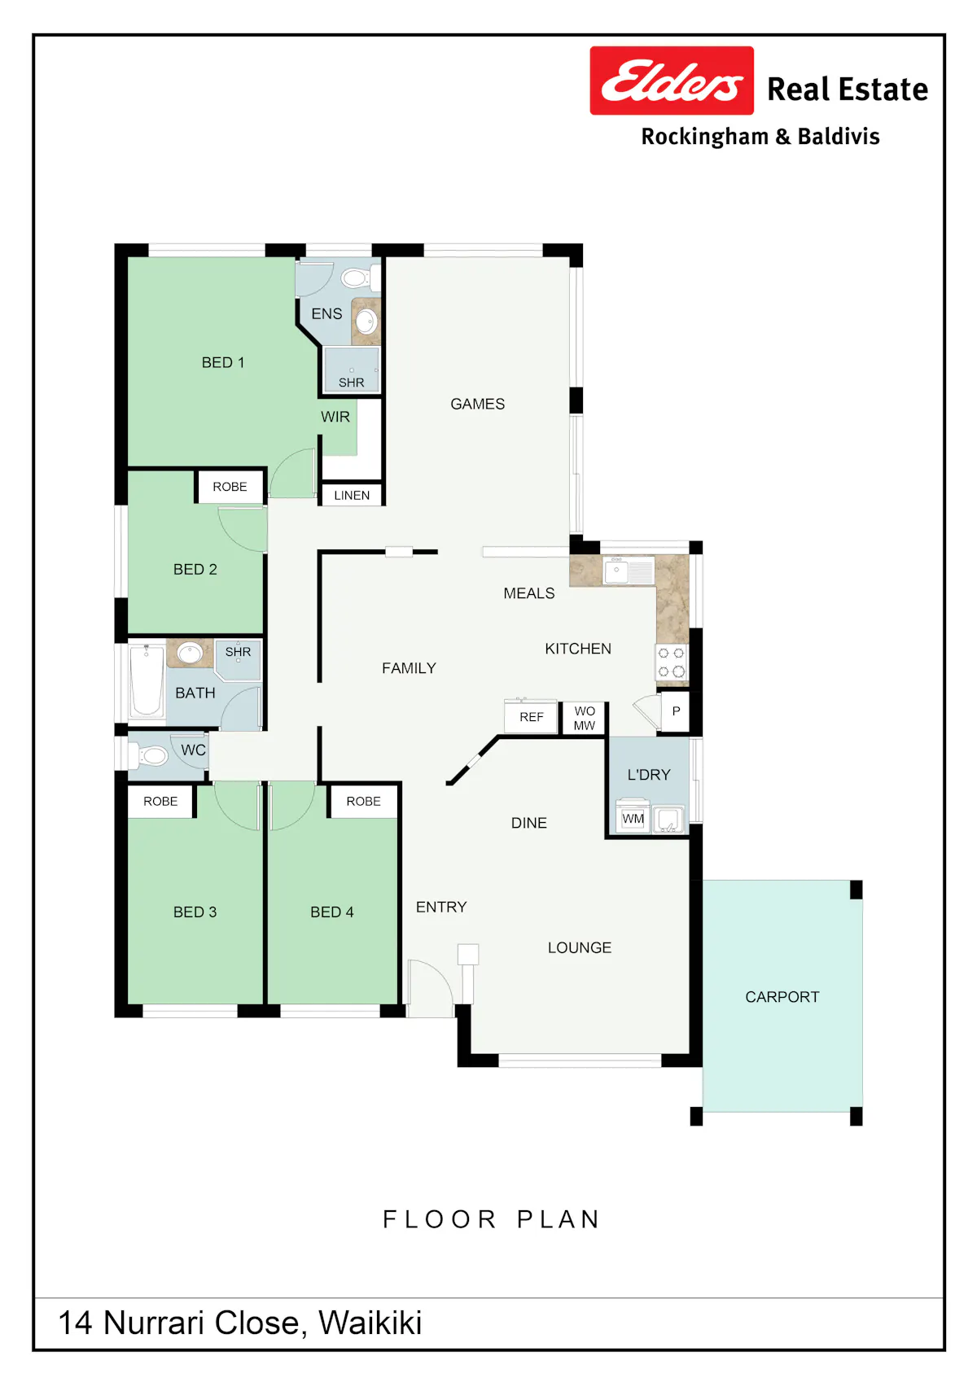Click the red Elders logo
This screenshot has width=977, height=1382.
[672, 81]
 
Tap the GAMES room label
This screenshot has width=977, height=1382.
[477, 405]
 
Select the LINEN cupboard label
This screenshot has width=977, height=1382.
[352, 496]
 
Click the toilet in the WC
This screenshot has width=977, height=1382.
[148, 755]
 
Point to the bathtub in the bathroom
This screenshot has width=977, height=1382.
[147, 680]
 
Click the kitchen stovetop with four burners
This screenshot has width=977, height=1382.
[671, 662]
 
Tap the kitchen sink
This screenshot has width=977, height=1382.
[629, 571]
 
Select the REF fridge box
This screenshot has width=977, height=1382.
[531, 717]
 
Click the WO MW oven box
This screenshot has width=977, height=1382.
[584, 718]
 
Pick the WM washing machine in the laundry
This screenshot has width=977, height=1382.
[633, 819]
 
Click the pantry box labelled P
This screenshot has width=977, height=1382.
[676, 711]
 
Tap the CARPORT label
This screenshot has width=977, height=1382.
[782, 997]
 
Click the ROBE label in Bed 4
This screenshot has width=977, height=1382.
[363, 802]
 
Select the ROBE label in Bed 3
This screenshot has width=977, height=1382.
[160, 802]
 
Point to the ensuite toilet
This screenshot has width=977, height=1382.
[360, 277]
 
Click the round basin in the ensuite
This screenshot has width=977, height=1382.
[366, 321]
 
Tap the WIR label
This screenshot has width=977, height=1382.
[335, 417]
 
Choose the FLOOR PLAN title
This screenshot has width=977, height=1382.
[492, 1219]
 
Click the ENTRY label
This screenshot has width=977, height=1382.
[441, 907]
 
